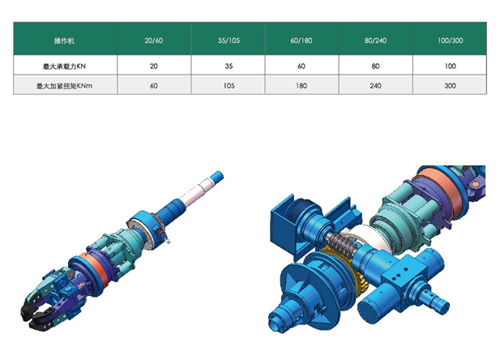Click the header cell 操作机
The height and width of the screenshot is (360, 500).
64,41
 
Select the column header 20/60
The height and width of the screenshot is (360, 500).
154,41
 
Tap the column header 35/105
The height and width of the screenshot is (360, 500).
229,41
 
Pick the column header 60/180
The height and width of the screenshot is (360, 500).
301,41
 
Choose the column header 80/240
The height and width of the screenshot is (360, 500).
376,41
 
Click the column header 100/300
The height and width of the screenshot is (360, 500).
450,41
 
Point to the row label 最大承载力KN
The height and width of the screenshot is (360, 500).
64,66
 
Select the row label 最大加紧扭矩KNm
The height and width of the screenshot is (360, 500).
64,86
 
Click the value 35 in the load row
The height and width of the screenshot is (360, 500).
229,66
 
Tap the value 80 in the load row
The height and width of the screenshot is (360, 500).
376,66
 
